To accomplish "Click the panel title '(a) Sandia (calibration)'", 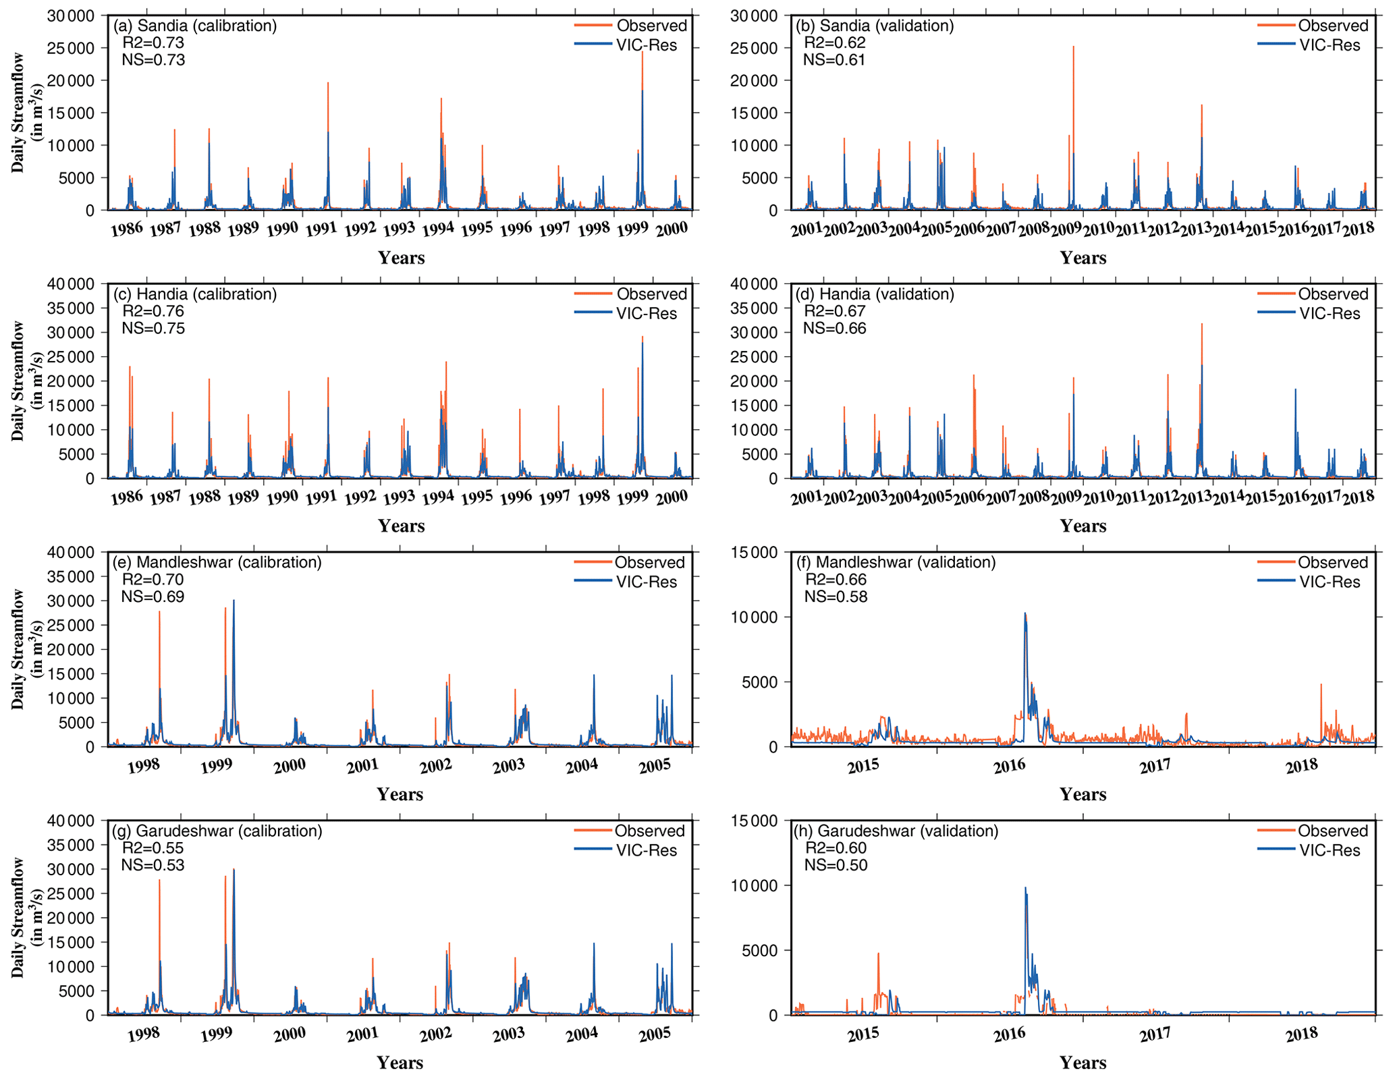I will click(194, 26).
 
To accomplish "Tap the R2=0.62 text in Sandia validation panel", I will click(834, 43).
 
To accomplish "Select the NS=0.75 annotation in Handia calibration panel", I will click(153, 329).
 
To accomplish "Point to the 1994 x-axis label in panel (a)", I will click(437, 229).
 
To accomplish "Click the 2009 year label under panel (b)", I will click(1066, 229).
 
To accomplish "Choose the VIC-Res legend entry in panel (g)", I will click(646, 850).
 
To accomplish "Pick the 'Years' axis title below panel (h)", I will click(1083, 1062).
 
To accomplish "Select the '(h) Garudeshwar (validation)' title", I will click(897, 831).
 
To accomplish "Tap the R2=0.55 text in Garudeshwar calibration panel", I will click(153, 848).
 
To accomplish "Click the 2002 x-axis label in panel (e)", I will click(435, 767).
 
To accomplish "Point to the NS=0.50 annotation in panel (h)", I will click(836, 865).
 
